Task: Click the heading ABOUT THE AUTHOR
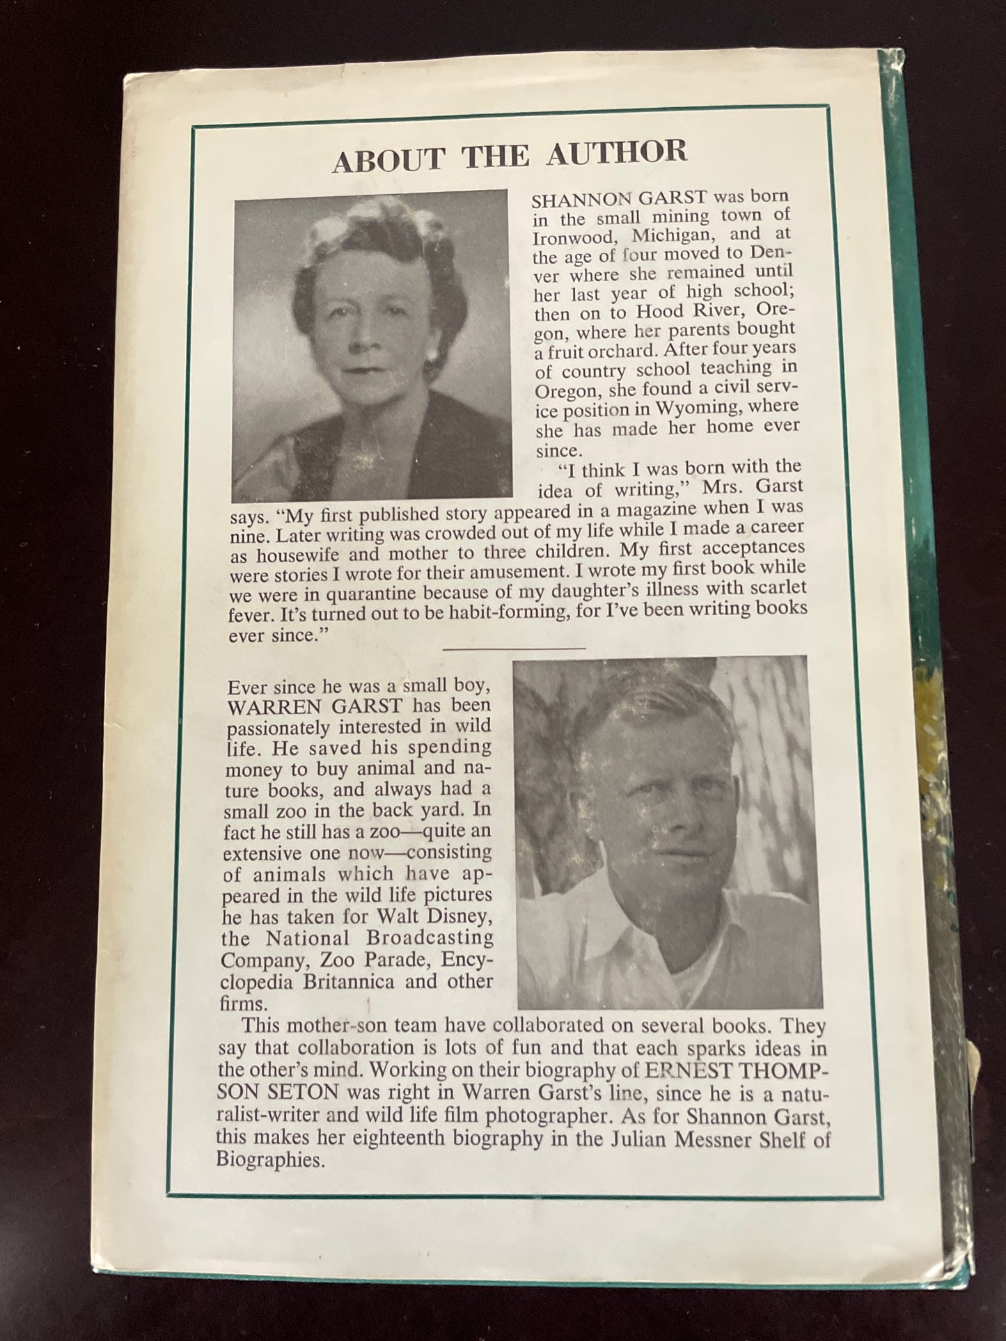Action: [509, 154]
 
